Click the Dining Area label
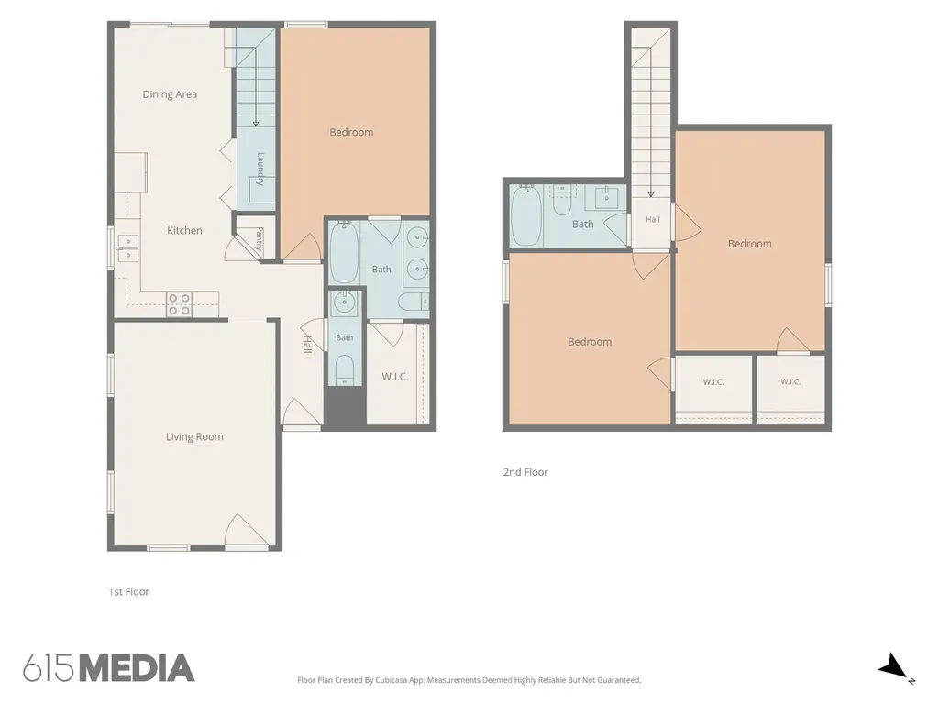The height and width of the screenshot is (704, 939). (x=170, y=94)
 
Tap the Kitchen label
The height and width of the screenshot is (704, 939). (x=184, y=230)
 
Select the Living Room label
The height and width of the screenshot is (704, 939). (x=194, y=437)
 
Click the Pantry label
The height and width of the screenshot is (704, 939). (x=260, y=238)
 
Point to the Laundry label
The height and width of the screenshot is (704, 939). (x=260, y=170)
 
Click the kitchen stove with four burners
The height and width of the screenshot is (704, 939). (x=179, y=304)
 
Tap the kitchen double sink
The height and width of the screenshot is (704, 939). (x=127, y=247)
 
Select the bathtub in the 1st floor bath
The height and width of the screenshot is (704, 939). (x=344, y=252)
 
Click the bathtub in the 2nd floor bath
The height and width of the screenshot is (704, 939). (x=526, y=215)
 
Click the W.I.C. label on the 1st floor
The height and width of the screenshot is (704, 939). (x=395, y=377)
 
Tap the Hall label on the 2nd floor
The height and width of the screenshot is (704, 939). (x=653, y=220)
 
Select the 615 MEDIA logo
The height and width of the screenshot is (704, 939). (x=109, y=668)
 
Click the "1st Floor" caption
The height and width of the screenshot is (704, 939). (x=128, y=592)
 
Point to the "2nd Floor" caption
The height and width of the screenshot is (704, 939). (x=525, y=472)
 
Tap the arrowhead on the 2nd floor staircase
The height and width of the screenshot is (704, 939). (x=651, y=194)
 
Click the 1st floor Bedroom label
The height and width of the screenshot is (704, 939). (x=351, y=132)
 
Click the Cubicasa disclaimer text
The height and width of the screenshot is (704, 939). (x=469, y=680)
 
